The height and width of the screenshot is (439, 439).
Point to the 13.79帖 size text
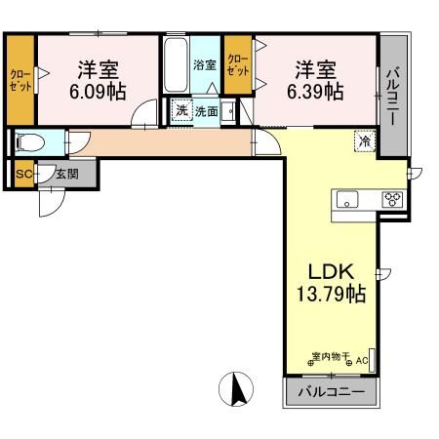331,293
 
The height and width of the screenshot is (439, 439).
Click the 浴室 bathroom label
205,65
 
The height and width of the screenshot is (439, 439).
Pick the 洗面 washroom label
206,111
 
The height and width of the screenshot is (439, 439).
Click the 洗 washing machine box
181,111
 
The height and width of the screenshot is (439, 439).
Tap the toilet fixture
31,142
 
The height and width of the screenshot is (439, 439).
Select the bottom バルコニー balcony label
330,392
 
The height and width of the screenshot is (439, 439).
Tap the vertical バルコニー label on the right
391,96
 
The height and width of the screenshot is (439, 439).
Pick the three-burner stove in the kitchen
393,199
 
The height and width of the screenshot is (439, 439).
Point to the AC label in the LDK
361,361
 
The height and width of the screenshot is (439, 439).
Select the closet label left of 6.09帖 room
20,78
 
